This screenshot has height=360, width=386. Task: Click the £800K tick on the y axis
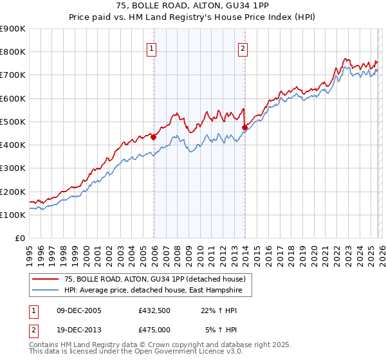coord(13,52)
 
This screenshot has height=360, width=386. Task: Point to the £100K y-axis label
coord(13,215)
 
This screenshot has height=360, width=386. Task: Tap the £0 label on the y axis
coord(19,239)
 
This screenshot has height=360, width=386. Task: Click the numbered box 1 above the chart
coord(151,48)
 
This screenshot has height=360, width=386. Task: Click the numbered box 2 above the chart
coord(243,48)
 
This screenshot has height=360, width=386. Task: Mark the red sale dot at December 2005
coord(154,137)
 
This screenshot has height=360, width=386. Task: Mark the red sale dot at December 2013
coord(245,127)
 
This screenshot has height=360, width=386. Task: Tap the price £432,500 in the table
coord(154,310)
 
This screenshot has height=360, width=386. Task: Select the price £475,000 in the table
coord(154,329)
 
